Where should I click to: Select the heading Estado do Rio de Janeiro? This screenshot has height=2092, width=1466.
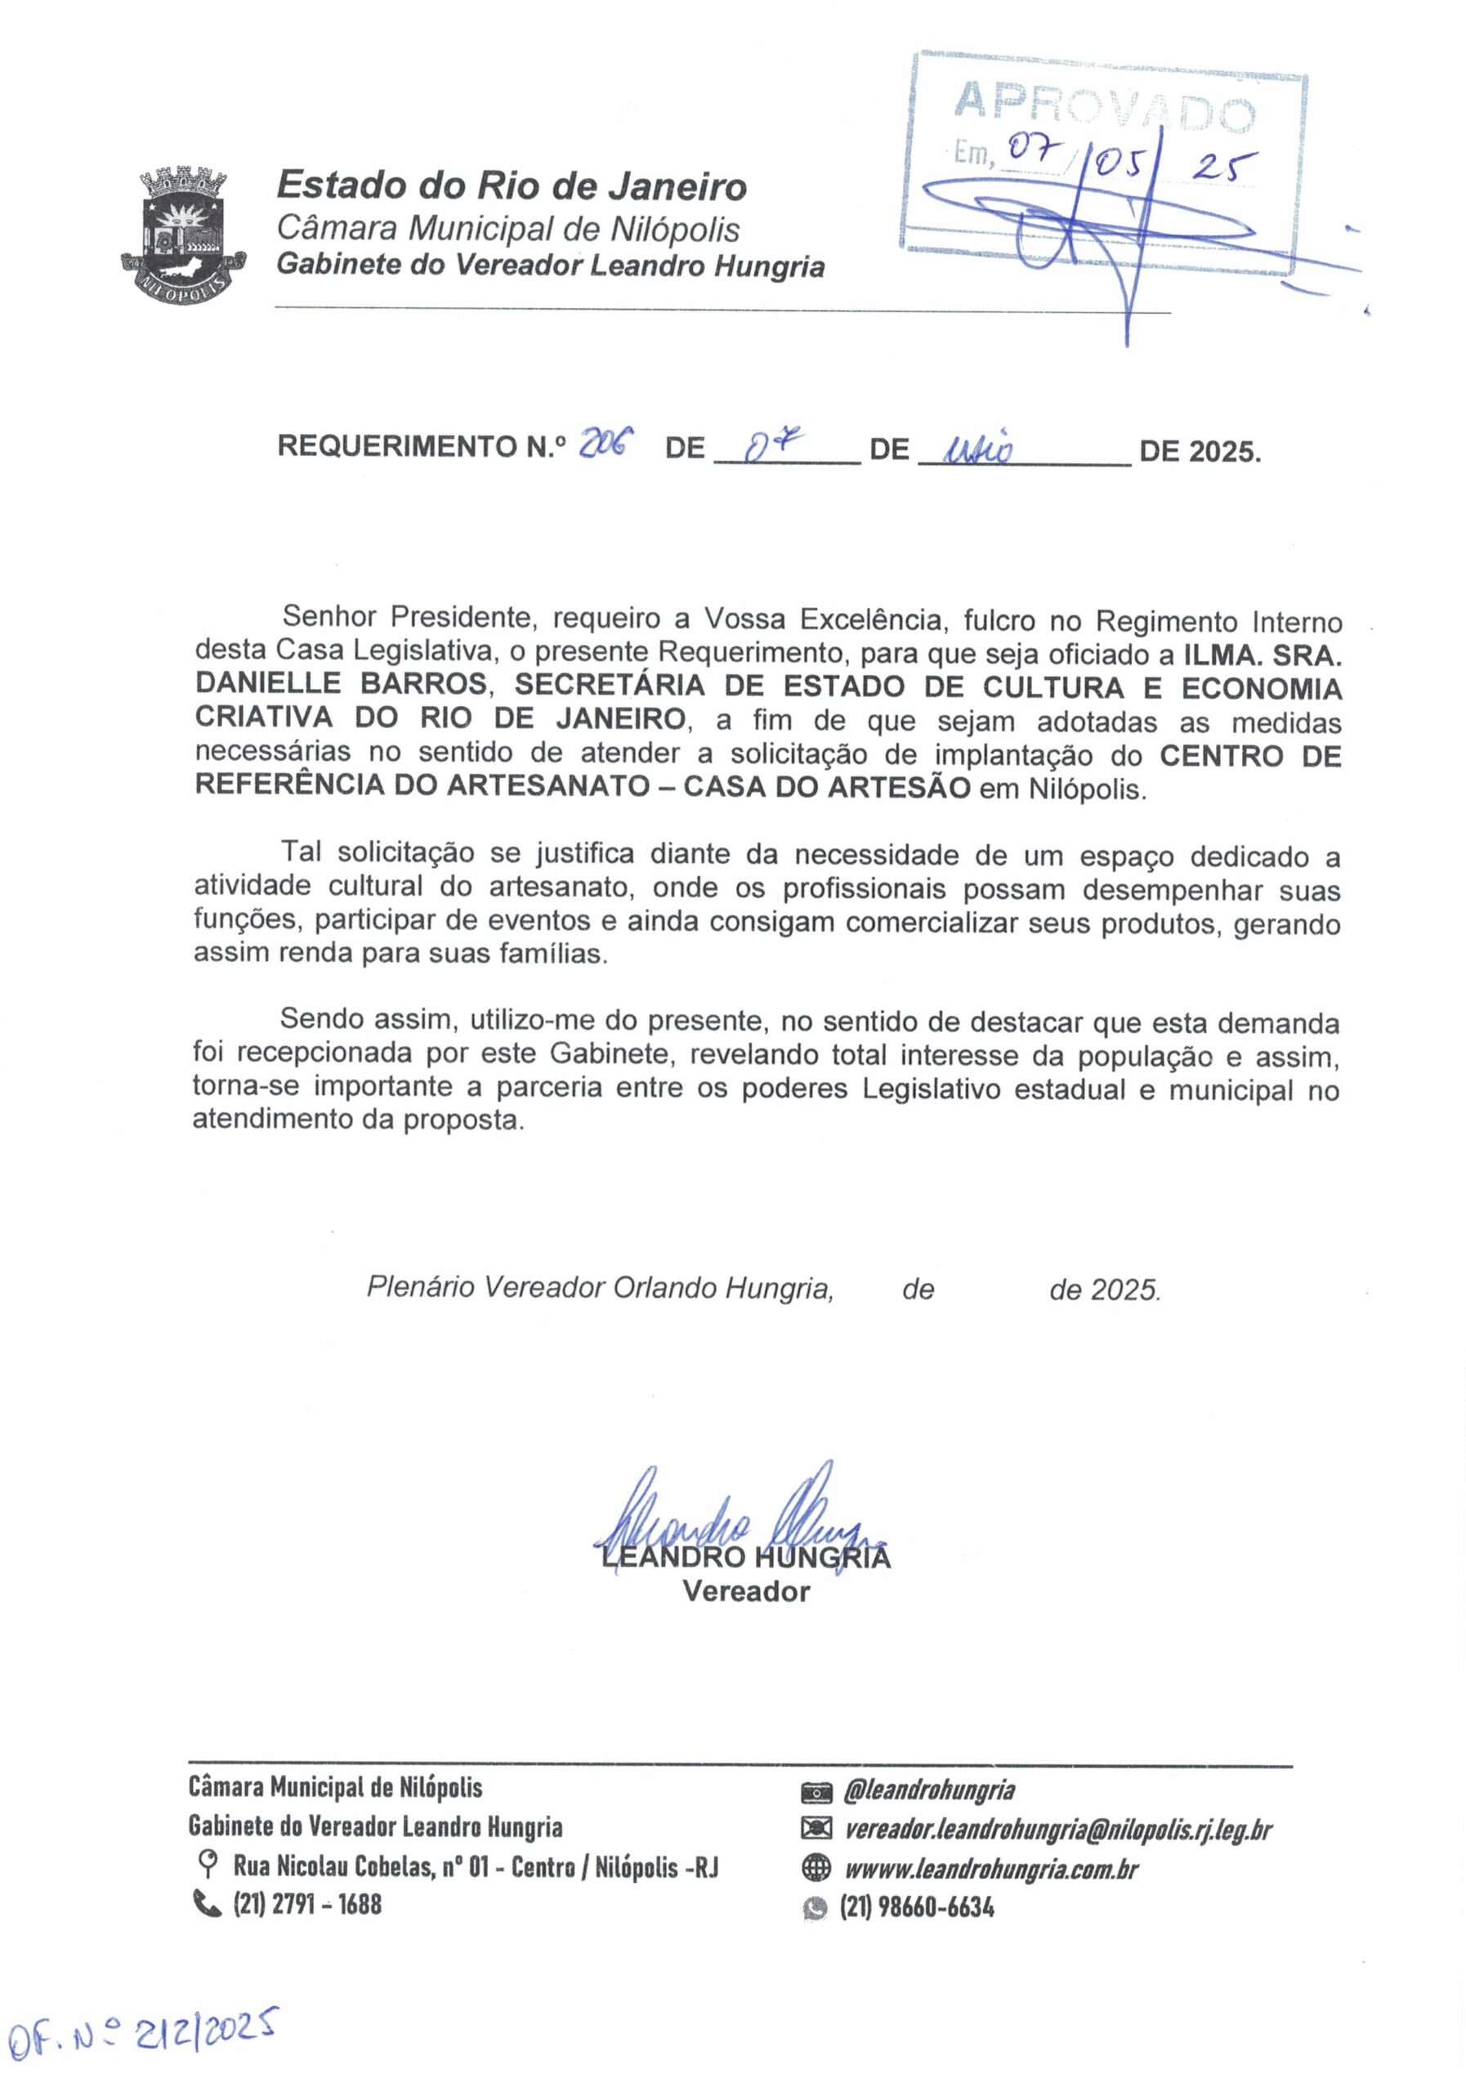tap(512, 187)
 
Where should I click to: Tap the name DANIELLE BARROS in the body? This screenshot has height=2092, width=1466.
tap(341, 683)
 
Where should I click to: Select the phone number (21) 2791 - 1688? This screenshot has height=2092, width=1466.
tap(307, 1904)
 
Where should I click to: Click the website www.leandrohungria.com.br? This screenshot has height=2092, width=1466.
tap(991, 1869)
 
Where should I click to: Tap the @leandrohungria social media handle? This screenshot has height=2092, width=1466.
tap(929, 1790)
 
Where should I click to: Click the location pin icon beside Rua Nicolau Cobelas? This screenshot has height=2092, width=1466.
tap(208, 1865)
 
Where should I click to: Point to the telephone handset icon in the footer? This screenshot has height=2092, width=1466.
tap(208, 1903)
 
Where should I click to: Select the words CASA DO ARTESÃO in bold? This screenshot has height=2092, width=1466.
tap(827, 787)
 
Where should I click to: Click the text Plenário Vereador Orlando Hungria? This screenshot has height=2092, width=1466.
tap(600, 1287)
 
